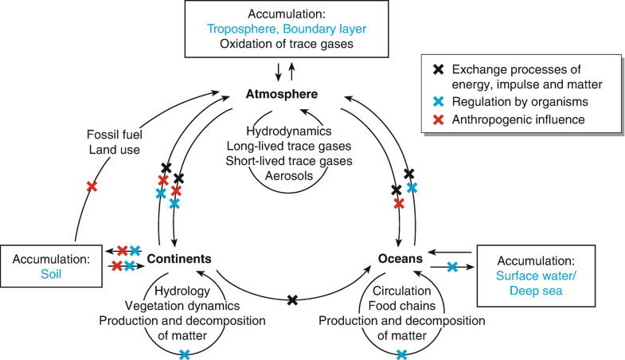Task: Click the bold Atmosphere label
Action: click(x=283, y=95)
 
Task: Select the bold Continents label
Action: click(x=179, y=259)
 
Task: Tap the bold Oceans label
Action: click(x=401, y=259)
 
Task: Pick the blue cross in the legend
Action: click(x=436, y=103)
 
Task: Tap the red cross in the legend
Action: click(x=436, y=120)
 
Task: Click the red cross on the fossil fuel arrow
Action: click(x=92, y=186)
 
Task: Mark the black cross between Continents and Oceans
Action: click(x=292, y=300)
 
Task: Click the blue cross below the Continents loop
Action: click(x=184, y=354)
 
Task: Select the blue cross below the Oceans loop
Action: click(x=401, y=354)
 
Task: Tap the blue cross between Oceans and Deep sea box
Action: click(x=452, y=267)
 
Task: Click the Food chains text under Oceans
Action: click(x=401, y=306)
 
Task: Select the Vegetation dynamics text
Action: click(x=183, y=306)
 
